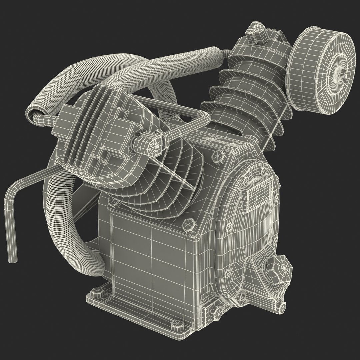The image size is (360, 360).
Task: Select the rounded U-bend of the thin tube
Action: pyautogui.click(x=202, y=116)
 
